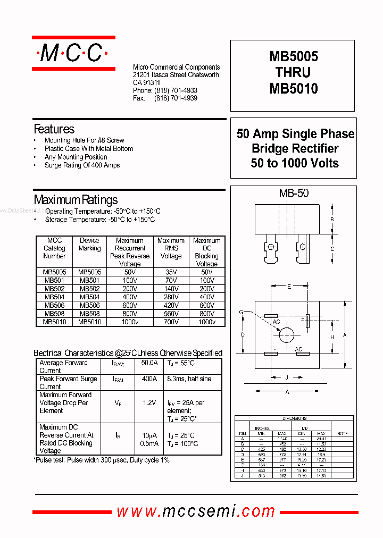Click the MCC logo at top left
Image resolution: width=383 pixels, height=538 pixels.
73,53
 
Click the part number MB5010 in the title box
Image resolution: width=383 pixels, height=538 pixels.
293,89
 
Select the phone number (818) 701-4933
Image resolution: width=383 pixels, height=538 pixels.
176,91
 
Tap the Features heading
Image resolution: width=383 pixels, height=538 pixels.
54,129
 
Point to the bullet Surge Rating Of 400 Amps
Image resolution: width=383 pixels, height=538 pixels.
82,165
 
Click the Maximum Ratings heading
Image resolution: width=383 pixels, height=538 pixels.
76,200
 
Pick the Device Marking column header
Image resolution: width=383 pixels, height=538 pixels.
89,245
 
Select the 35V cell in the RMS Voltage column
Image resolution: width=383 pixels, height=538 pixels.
171,272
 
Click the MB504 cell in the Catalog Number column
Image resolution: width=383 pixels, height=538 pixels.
54,297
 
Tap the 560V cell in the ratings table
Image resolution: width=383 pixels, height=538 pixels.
171,314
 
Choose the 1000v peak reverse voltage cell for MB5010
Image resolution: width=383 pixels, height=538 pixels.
130,322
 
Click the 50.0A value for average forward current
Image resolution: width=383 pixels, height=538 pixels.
149,363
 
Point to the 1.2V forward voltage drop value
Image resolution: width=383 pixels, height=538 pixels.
149,403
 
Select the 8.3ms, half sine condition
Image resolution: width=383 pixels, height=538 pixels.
189,379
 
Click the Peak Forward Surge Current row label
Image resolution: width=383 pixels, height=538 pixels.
68,383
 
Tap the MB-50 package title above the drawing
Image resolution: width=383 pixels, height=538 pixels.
294,194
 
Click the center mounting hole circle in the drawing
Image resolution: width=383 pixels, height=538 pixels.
287,334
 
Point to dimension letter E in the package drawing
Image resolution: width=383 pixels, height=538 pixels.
289,287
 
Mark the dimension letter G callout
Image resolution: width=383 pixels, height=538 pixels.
241,312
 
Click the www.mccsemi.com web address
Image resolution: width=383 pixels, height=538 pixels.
196,511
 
